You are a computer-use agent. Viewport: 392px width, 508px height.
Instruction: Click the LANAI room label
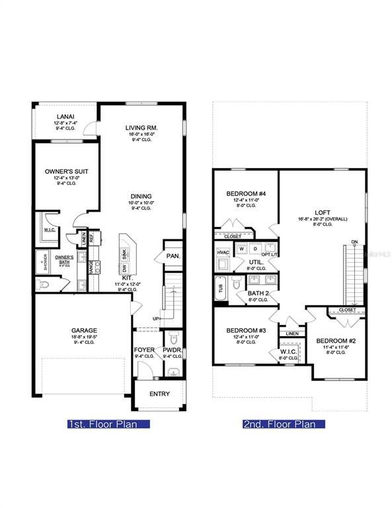65,116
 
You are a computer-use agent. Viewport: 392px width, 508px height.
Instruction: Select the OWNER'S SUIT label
67,171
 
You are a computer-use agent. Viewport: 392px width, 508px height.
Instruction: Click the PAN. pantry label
173,255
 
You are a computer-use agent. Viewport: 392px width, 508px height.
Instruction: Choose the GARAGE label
84,330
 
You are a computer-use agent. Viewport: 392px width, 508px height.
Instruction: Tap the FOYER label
144,350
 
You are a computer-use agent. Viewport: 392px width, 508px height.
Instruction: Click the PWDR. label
173,350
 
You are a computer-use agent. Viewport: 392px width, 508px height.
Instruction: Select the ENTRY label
159,394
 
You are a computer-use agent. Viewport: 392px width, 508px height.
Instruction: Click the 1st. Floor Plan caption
102,424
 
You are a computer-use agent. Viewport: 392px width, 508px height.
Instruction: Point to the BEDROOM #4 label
246,194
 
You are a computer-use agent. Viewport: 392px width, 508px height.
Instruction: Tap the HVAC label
222,252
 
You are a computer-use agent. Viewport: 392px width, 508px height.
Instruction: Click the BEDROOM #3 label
246,330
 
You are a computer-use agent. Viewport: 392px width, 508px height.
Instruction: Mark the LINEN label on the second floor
291,334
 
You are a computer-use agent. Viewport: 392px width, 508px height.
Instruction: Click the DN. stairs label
355,242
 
